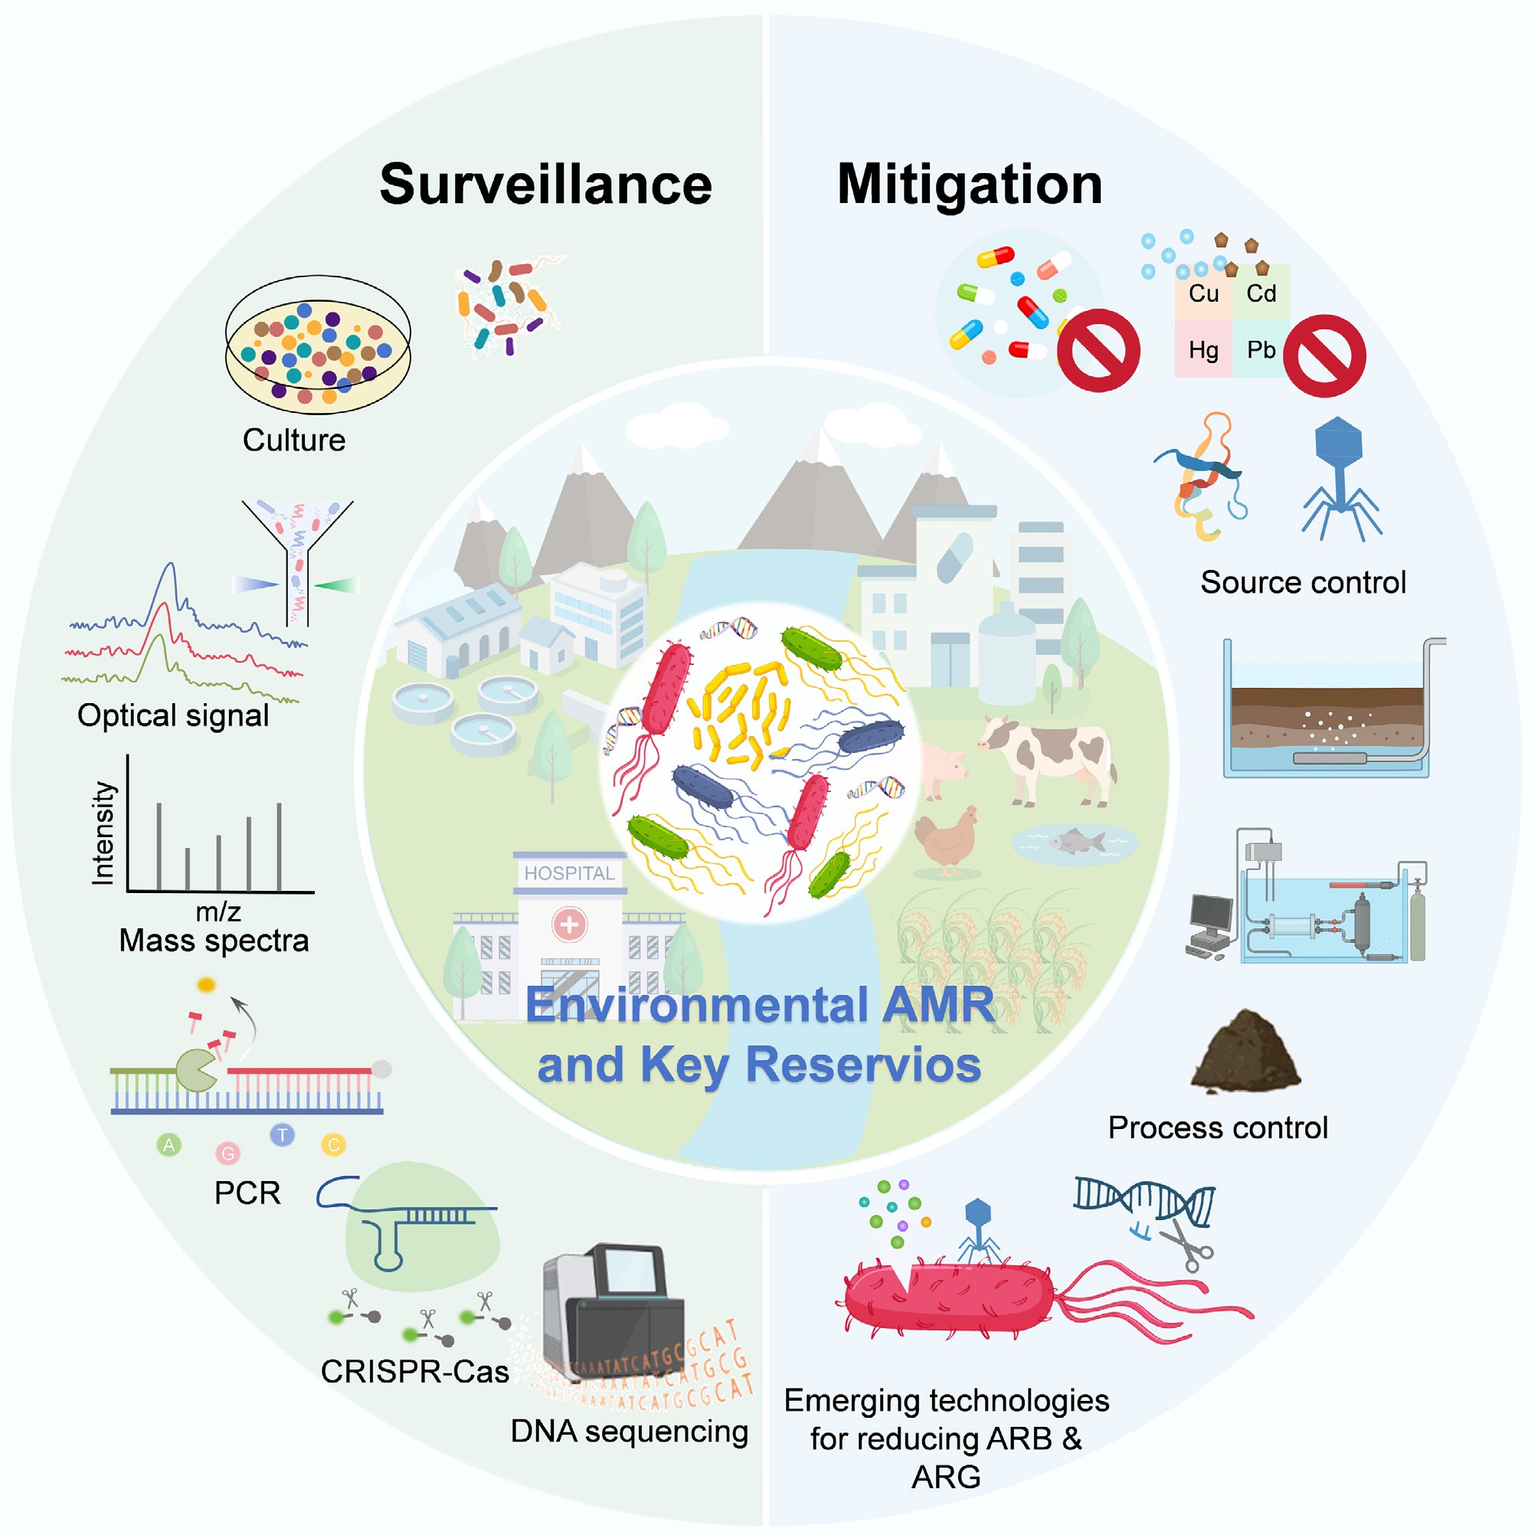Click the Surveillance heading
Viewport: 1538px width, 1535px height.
coord(545,185)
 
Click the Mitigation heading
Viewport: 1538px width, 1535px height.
coord(969,185)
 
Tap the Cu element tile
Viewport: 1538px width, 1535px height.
coord(1203,294)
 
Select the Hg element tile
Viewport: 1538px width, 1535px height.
coord(1203,350)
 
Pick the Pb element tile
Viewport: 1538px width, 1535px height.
coord(1261,350)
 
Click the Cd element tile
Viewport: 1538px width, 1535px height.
coord(1261,294)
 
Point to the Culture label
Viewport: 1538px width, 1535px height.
coord(294,440)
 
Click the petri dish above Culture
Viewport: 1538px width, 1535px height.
coord(318,345)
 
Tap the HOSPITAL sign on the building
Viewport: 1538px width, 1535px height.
coord(568,873)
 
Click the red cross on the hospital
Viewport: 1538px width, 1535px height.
coord(569,925)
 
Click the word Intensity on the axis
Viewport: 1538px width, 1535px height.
coord(103,833)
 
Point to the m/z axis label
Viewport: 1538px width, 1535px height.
coord(218,912)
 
